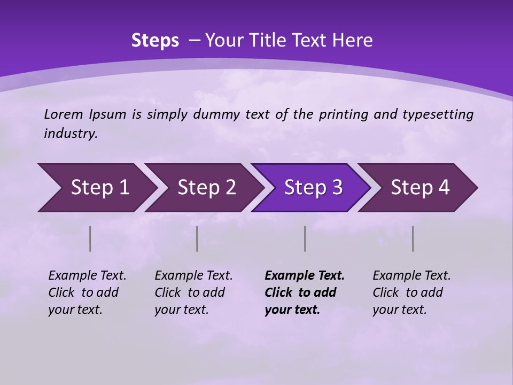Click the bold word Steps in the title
155,41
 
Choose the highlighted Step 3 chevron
310,188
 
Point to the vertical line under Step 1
90,238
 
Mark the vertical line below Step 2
197,238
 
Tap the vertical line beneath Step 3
305,238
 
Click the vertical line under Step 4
413,238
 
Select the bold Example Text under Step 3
305,276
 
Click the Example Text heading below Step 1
87,276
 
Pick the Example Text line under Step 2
193,276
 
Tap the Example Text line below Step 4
411,276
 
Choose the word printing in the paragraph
344,114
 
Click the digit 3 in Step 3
337,188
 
